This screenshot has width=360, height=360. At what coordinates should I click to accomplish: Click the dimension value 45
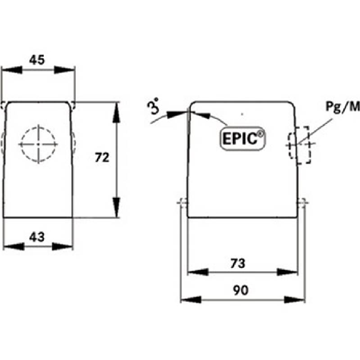(37, 60)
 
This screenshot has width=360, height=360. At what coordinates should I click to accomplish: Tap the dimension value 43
(37, 237)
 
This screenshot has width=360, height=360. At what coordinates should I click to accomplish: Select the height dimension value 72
(102, 158)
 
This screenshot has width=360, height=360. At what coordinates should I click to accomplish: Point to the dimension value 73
(238, 264)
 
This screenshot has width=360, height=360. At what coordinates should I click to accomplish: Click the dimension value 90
(241, 291)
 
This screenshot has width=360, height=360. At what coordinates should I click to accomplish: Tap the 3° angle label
(153, 106)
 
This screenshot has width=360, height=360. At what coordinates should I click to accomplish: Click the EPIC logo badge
(243, 138)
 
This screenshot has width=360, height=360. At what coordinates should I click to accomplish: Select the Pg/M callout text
(342, 107)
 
